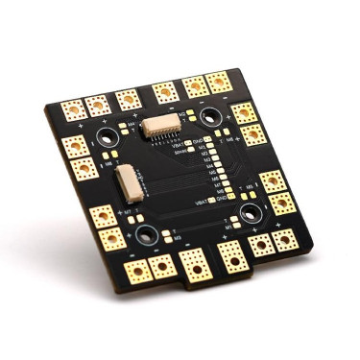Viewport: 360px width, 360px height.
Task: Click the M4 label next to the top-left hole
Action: pyautogui.click(x=132, y=123)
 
